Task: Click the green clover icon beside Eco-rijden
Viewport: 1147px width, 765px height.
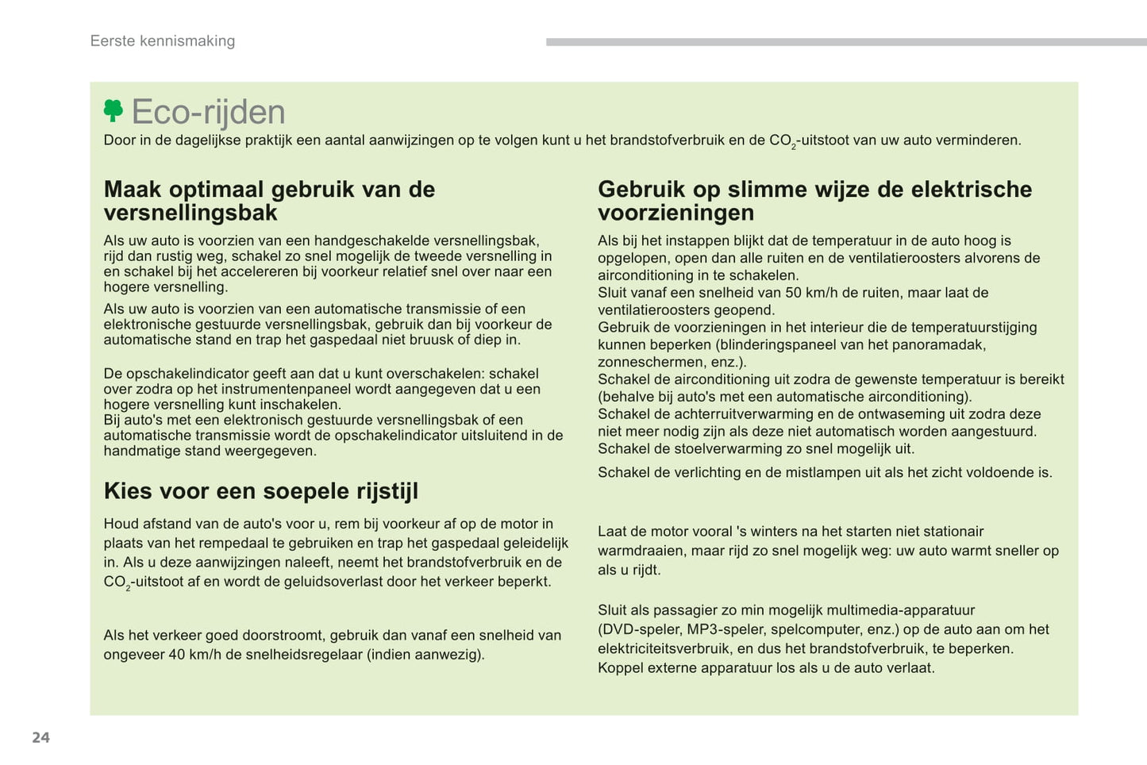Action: pos(114,110)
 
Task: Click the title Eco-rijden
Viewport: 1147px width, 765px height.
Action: pos(208,112)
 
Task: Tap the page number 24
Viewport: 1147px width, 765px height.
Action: pos(40,737)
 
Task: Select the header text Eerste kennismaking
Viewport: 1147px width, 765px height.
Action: pos(163,41)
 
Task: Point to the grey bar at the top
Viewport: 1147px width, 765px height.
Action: pos(846,42)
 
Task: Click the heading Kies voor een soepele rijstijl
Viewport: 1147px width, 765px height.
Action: pos(260,491)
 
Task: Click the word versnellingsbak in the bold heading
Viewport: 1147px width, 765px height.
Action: pos(191,213)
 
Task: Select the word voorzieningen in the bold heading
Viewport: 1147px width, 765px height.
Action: pos(675,213)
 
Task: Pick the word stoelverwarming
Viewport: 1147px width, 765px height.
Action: pos(723,448)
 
